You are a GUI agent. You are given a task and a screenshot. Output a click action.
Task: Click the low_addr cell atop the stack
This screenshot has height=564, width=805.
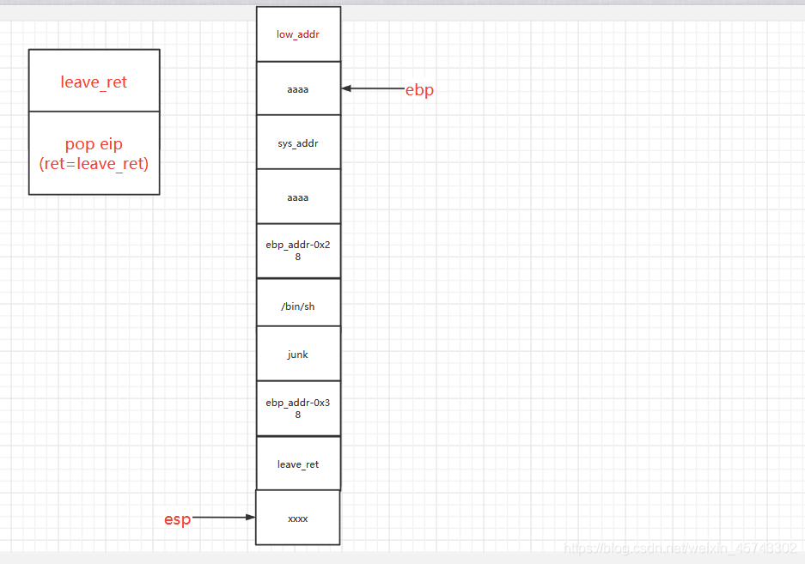[298, 34]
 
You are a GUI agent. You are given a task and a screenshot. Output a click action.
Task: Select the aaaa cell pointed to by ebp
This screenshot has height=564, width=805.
[298, 88]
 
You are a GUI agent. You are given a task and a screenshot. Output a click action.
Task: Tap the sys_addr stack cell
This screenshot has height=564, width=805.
[298, 143]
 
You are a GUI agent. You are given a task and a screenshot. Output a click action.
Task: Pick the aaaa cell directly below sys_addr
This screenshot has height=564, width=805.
[298, 197]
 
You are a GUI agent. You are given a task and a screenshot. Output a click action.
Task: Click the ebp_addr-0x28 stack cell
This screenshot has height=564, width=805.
[298, 251]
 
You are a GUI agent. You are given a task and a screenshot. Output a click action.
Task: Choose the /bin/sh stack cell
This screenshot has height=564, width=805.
[298, 306]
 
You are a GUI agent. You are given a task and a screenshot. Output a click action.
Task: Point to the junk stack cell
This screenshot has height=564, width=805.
[298, 354]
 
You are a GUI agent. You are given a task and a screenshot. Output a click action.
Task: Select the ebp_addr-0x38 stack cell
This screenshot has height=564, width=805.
[298, 408]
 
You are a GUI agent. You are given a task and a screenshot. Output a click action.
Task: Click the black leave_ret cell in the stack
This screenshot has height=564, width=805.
[298, 464]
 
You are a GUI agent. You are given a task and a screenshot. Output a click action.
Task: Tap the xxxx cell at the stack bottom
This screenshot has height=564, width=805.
[298, 519]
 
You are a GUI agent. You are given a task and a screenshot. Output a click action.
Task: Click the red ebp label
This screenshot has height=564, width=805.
[419, 90]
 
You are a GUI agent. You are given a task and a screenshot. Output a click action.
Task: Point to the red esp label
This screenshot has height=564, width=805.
[177, 519]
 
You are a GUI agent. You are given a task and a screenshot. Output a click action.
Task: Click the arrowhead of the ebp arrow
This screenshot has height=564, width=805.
[345, 88]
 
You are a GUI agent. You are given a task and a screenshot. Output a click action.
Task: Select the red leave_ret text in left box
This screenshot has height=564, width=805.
[94, 82]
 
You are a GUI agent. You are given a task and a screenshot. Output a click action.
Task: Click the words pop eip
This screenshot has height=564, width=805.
[94, 144]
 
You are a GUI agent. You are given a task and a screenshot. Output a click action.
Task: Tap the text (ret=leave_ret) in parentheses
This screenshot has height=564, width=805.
[94, 163]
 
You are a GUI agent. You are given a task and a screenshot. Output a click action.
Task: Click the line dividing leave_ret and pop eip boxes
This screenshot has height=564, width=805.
[94, 111]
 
